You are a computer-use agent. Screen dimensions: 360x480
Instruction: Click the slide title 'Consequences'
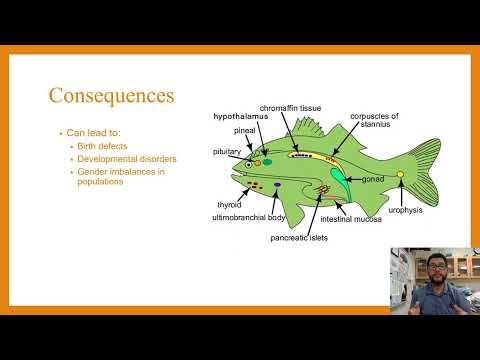click(x=112, y=96)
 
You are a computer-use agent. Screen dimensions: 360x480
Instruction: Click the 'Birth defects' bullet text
click(x=109, y=146)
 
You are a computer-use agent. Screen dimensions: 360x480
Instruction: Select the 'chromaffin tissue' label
click(x=290, y=107)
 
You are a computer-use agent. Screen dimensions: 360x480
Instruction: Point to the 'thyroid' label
click(x=230, y=204)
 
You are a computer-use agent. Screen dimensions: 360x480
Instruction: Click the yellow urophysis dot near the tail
click(x=400, y=175)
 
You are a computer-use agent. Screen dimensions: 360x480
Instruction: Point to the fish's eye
click(x=249, y=163)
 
